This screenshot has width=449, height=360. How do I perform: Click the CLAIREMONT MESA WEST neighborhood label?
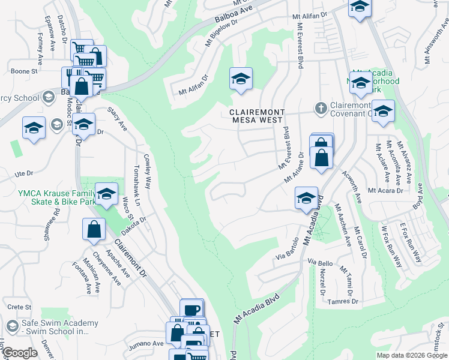(x=258, y=116)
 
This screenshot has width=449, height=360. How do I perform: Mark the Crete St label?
(x=19, y=307)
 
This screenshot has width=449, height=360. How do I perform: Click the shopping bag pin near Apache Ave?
(x=95, y=229)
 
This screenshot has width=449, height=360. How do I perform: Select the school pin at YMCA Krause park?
(x=106, y=194)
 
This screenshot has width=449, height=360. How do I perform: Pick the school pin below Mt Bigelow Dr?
(x=241, y=79)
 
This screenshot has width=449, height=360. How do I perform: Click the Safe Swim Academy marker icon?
(x=11, y=326)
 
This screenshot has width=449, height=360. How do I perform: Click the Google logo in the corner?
(x=19, y=353)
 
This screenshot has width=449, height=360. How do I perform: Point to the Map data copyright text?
(x=412, y=355)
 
